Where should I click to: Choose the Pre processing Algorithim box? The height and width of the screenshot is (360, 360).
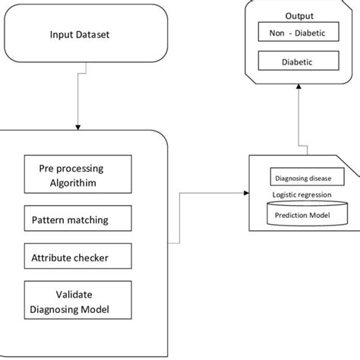pos(77,173)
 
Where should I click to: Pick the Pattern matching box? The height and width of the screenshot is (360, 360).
pos(77,220)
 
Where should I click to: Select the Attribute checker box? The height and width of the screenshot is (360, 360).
pos(77,257)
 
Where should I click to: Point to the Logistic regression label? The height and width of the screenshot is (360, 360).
pos(302,194)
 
